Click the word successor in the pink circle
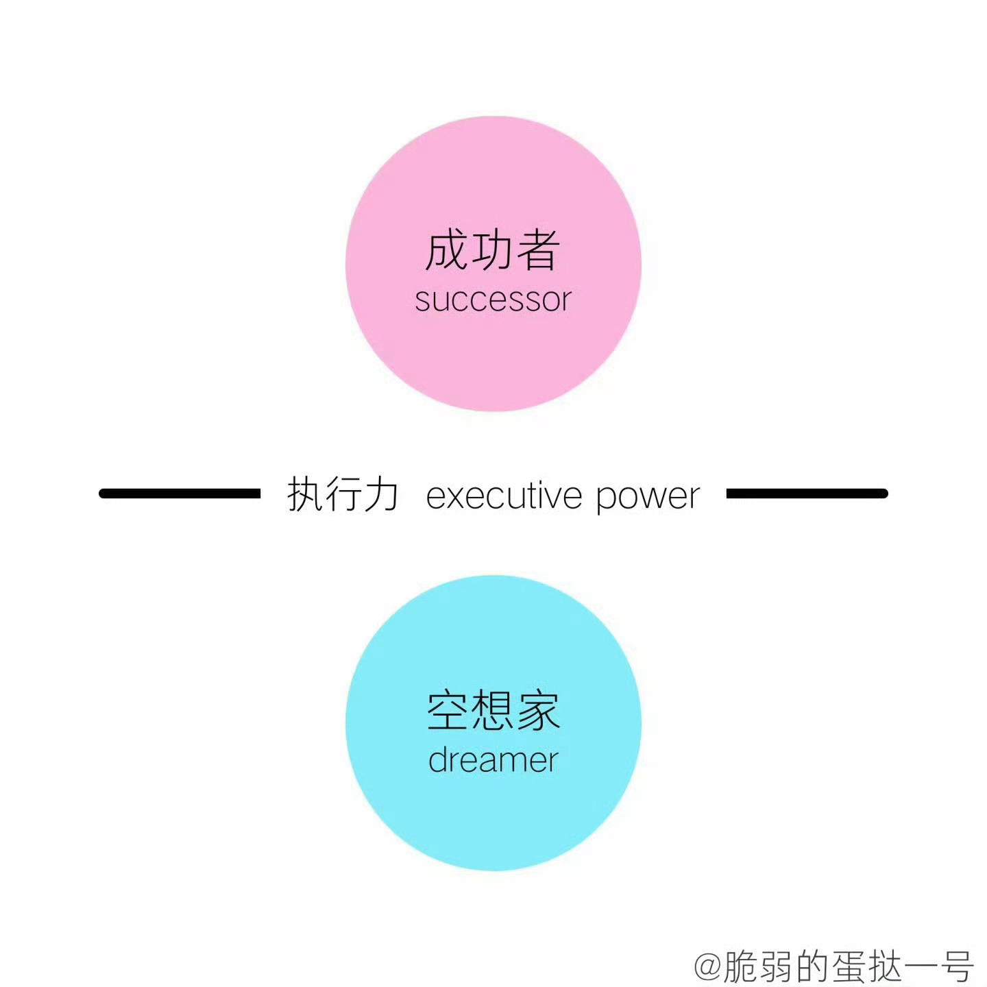[x=493, y=300]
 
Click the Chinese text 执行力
[x=342, y=493]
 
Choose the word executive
[x=504, y=495]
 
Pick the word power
[x=648, y=498]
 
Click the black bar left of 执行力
[x=180, y=493]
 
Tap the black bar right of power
[x=807, y=493]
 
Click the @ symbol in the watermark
[x=709, y=964]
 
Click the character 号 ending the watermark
[x=955, y=965]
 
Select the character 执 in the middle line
[x=305, y=493]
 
